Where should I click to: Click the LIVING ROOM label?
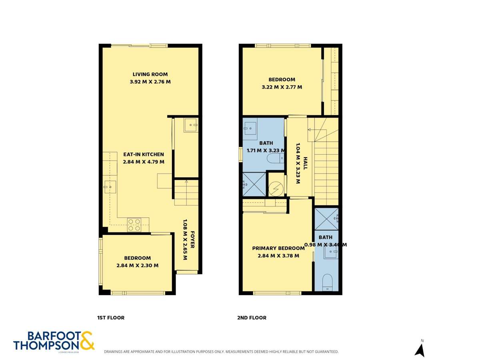coord(150,74)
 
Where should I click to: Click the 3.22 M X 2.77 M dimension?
coord(282,87)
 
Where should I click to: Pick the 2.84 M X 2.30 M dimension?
coord(137,265)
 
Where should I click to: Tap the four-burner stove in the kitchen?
coord(134,225)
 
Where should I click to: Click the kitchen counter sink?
coord(110,186)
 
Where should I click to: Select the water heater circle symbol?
coord(276,189)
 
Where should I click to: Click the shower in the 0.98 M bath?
coord(327,219)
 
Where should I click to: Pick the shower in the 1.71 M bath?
coord(254,184)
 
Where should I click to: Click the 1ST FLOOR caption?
coord(111,318)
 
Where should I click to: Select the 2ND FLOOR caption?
coord(252,318)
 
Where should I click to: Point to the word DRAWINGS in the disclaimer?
coord(114,352)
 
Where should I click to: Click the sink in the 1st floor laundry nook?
coord(190,125)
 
